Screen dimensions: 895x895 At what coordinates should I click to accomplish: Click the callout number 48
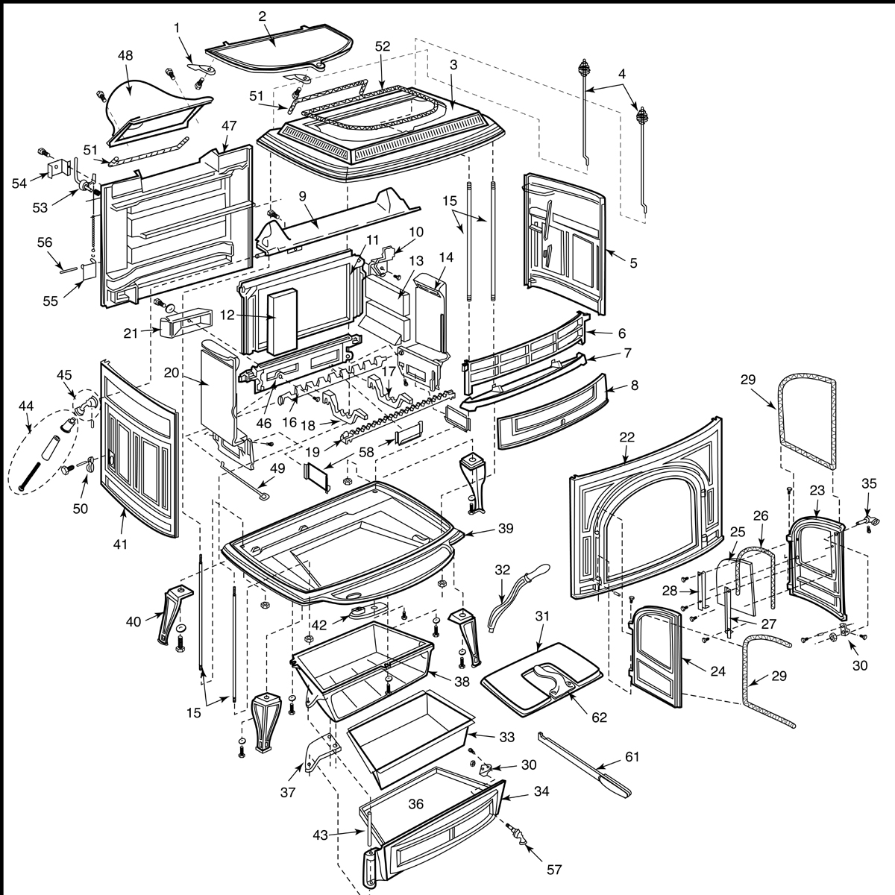pyautogui.click(x=125, y=55)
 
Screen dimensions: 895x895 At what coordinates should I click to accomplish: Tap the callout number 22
pyautogui.click(x=626, y=437)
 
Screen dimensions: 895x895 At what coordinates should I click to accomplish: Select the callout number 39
pyautogui.click(x=506, y=528)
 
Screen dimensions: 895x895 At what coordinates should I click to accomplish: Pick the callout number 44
pyautogui.click(x=26, y=406)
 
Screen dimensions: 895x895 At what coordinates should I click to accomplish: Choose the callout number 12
pyautogui.click(x=227, y=315)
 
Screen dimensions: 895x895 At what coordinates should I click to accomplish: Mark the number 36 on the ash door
pyautogui.click(x=415, y=804)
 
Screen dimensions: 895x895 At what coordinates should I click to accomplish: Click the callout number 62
pyautogui.click(x=599, y=717)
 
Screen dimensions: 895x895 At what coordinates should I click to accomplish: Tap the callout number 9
pyautogui.click(x=303, y=196)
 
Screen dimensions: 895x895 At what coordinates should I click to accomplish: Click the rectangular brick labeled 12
pyautogui.click(x=282, y=321)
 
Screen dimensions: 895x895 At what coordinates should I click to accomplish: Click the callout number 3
pyautogui.click(x=453, y=65)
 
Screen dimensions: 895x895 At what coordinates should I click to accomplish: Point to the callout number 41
pyautogui.click(x=120, y=544)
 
